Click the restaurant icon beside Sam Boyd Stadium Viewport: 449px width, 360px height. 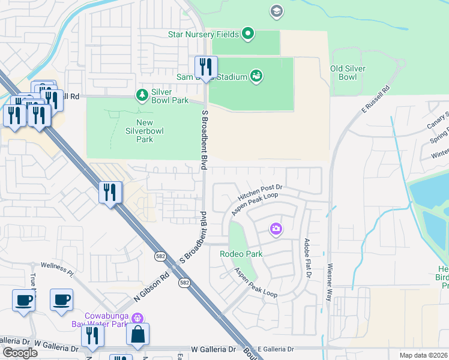[205, 67]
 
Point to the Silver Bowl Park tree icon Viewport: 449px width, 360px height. [142, 95]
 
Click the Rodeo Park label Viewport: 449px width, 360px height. [241, 254]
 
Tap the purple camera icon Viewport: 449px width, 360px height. [276, 228]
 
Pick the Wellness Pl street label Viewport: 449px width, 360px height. [56, 269]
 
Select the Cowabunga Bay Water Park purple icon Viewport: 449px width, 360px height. [137, 317]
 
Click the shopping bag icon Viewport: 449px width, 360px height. [137, 334]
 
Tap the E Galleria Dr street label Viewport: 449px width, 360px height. [278, 349]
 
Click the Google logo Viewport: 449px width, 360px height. [20, 353]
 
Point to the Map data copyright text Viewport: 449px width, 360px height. [423, 355]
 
